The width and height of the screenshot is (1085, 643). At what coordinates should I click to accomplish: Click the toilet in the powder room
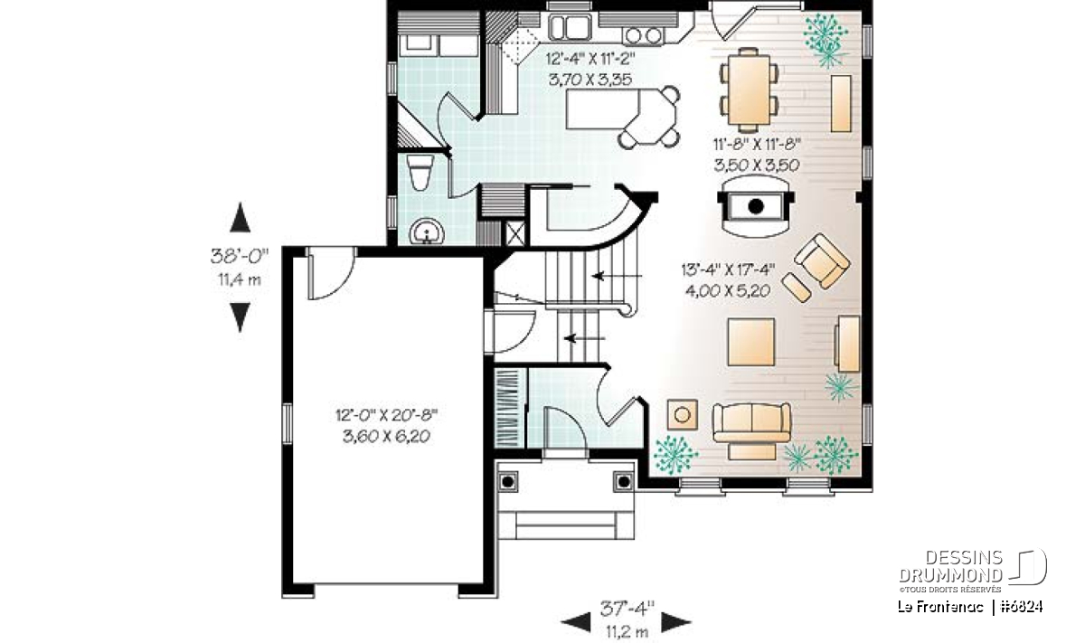[420, 173]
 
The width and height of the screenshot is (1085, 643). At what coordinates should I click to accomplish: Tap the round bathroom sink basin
[427, 232]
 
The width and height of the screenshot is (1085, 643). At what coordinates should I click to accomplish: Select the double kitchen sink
[571, 27]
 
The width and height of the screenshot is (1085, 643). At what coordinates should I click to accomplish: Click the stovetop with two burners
[643, 35]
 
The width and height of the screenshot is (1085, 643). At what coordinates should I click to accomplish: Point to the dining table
[749, 90]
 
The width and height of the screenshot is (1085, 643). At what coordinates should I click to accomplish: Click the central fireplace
[756, 206]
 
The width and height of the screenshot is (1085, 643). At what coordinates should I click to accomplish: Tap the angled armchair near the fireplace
[822, 261]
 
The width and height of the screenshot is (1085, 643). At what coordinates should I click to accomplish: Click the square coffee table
[751, 342]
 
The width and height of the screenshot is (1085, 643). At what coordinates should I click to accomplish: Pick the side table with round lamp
[683, 415]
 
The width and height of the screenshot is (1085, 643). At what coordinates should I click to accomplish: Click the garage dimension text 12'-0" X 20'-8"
[387, 415]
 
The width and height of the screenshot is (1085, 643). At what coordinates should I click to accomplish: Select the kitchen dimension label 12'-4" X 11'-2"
[590, 59]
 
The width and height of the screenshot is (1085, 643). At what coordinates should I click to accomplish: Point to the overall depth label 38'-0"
[240, 256]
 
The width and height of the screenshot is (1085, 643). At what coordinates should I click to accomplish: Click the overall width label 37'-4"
[627, 609]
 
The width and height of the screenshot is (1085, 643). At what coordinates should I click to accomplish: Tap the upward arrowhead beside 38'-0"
[240, 217]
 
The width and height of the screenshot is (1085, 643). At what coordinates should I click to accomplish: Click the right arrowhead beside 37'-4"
[676, 622]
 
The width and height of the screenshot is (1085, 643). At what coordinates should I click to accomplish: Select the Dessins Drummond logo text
[951, 566]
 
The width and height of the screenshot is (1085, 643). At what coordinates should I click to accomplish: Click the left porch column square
[507, 482]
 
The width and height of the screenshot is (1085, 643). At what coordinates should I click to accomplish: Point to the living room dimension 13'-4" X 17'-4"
[728, 269]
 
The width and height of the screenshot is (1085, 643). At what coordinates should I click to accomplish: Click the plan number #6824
[1021, 607]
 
